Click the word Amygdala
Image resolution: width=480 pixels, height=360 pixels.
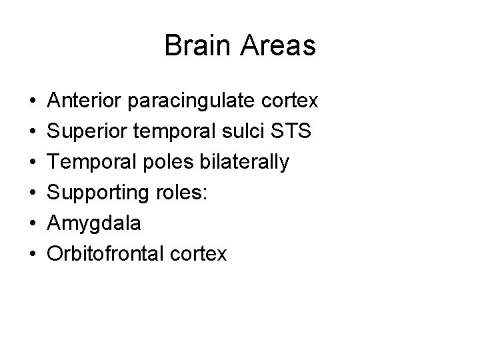(x=94, y=224)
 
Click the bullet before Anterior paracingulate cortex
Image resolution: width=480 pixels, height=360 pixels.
(x=33, y=103)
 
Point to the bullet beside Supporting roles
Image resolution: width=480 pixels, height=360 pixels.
(x=33, y=193)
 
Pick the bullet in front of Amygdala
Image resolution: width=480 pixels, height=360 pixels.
(x=33, y=224)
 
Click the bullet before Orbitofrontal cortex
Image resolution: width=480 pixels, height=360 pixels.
(x=33, y=254)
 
